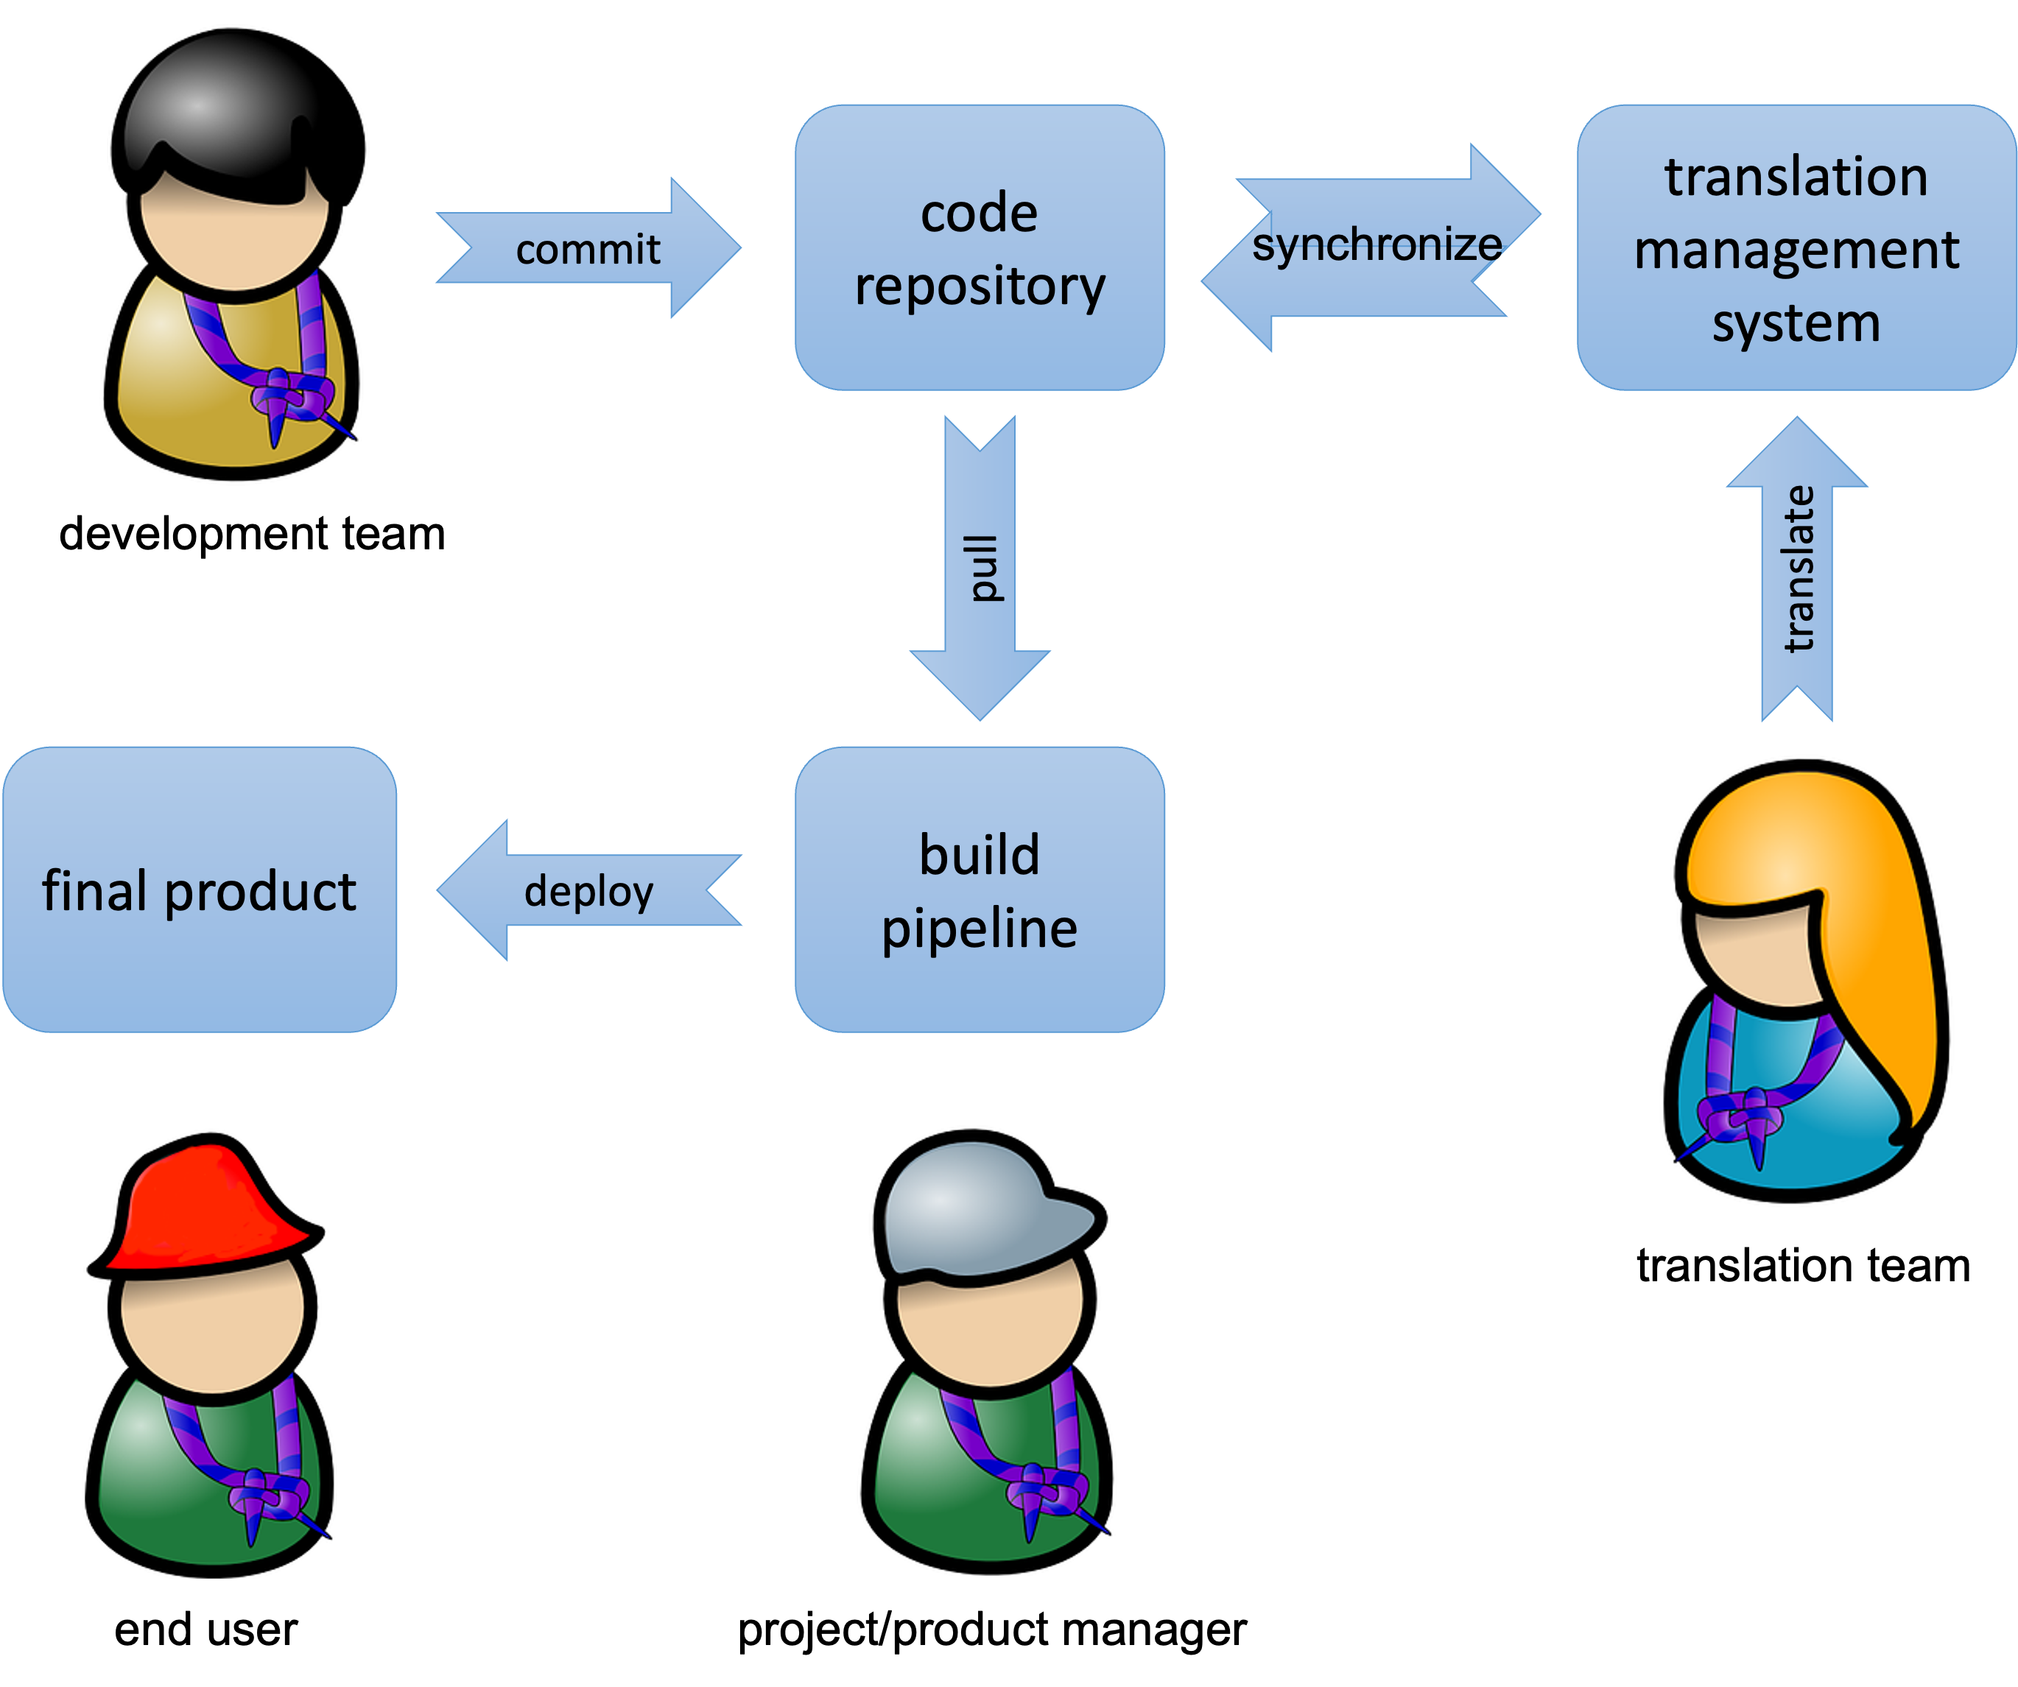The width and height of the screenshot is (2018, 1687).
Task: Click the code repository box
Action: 980,248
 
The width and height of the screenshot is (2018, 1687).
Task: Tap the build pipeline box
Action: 980,890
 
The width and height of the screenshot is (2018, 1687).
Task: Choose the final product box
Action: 199,890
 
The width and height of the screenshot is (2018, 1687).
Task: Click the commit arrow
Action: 588,248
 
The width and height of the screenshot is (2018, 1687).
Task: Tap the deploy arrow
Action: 588,890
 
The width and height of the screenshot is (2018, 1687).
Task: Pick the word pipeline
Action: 980,928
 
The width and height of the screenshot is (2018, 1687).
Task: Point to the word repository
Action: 980,286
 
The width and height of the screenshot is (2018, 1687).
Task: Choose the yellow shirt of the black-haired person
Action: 173,384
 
